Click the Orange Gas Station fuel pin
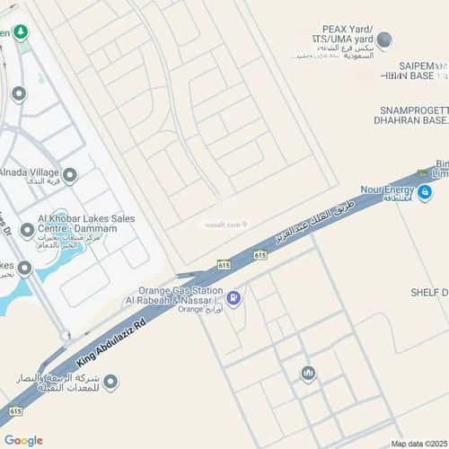tap(233, 298)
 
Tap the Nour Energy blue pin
tap(425, 191)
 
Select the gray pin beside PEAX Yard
tap(384, 40)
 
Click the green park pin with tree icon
tap(20, 33)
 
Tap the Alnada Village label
tap(29, 172)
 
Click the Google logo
tap(23, 440)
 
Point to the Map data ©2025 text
tap(418, 443)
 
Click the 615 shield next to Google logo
tap(14, 410)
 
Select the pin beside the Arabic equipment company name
tap(110, 383)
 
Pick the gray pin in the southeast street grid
tap(308, 373)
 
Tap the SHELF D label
tap(429, 293)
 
